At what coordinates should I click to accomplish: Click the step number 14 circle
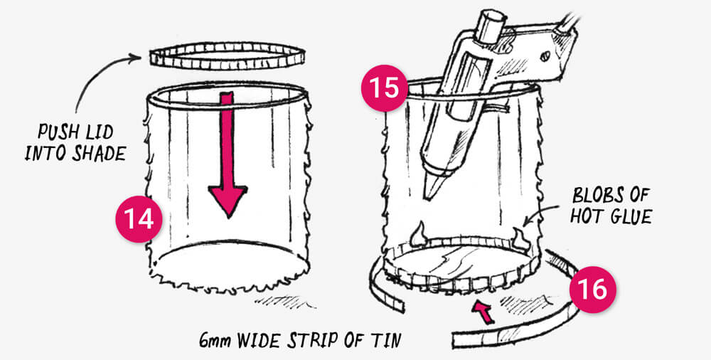[139, 219]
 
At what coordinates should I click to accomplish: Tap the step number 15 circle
[385, 88]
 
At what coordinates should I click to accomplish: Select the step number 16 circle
[593, 289]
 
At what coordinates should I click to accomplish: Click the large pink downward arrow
[228, 154]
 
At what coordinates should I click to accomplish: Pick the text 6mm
[215, 340]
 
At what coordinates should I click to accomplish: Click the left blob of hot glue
[417, 233]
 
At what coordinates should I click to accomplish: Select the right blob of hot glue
[520, 240]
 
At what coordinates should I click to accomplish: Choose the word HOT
[588, 216]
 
